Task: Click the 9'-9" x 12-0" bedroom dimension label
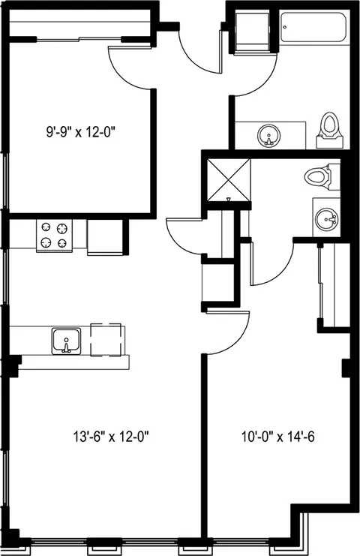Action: pyautogui.click(x=81, y=132)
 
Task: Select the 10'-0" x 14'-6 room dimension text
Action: pyautogui.click(x=278, y=437)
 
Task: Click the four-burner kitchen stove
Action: pyautogui.click(x=54, y=236)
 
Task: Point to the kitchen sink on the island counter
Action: pyautogui.click(x=66, y=341)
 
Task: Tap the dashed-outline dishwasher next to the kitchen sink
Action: pyautogui.click(x=106, y=340)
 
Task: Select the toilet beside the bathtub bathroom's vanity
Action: pyautogui.click(x=330, y=130)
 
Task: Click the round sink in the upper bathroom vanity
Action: pyautogui.click(x=269, y=135)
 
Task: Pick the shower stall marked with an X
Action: pyautogui.click(x=229, y=179)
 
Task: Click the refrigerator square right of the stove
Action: pyautogui.click(x=105, y=236)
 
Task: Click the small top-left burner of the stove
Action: pyautogui.click(x=46, y=227)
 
